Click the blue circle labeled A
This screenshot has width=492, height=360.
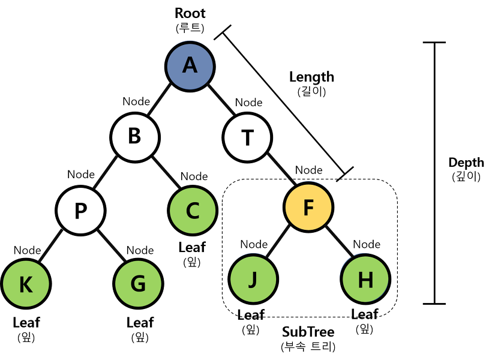(190, 67)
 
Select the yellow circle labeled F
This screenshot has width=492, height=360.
(308, 207)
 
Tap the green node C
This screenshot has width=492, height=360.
(193, 211)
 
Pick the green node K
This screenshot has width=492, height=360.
(26, 284)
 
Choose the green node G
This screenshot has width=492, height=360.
(138, 284)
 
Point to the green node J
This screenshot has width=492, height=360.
(253, 279)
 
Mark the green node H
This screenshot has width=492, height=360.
(365, 279)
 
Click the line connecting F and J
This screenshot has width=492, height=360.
(278, 242)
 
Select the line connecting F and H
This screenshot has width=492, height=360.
(339, 241)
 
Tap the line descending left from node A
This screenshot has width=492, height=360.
(160, 99)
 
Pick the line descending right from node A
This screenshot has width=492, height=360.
(221, 99)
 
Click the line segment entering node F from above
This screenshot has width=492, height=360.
(281, 169)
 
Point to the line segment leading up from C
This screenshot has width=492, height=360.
(166, 172)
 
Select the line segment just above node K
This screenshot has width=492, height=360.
(51, 245)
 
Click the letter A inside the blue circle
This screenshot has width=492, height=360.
(190, 65)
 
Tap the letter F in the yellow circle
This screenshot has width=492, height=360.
(308, 208)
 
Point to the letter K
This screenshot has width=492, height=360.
(26, 285)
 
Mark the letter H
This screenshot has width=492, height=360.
(365, 280)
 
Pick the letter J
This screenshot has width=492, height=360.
(253, 280)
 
